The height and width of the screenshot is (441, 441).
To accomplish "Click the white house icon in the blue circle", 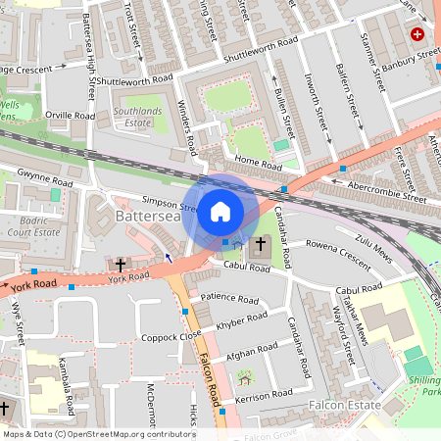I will pyautogui.click(x=220, y=211).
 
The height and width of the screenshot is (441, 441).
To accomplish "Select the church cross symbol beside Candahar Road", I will pyautogui.click(x=261, y=244).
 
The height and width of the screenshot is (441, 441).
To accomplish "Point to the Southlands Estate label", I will pyautogui.click(x=144, y=117).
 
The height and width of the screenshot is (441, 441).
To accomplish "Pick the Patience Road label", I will pyautogui.click(x=228, y=298).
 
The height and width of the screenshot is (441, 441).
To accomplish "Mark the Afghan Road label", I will pyautogui.click(x=252, y=354).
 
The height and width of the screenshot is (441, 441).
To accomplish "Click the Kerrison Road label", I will pyautogui.click(x=265, y=393).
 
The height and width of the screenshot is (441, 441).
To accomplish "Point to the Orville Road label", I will pyautogui.click(x=71, y=116).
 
